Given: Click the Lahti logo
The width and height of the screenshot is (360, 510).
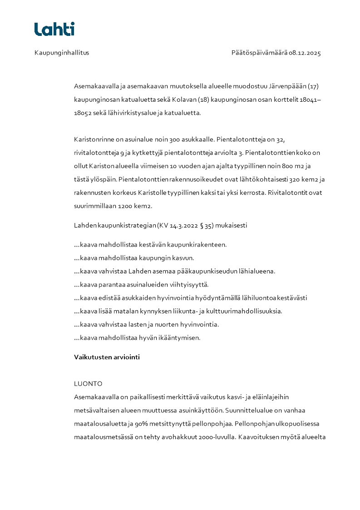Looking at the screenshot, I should coord(54,29).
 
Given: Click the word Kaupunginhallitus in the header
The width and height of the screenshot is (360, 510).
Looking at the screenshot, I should coord(62,53).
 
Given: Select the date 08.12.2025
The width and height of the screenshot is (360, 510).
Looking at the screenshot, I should coord(305,53).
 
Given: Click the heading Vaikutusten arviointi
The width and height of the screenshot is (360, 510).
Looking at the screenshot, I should coord(107,357).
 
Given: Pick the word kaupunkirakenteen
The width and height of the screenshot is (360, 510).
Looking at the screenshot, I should coord(198,245).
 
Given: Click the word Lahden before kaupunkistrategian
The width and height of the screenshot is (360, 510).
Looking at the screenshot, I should coord(85,225).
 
